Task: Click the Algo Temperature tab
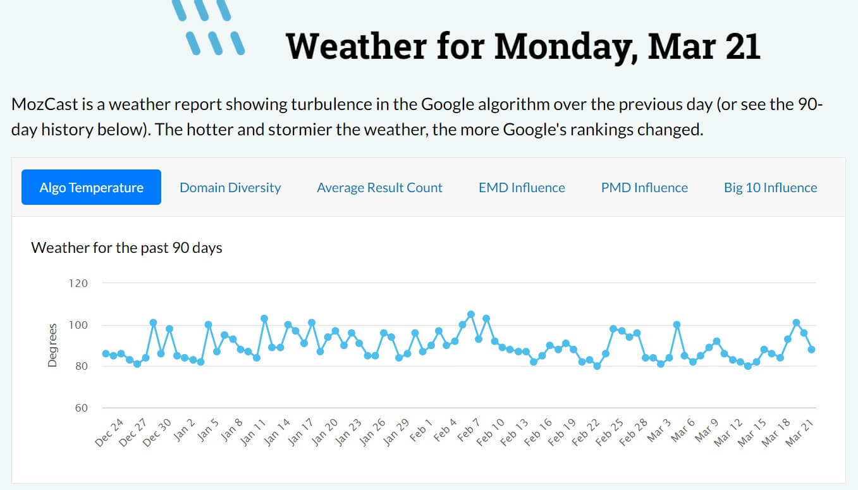pos(91,187)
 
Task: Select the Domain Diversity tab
pos(230,187)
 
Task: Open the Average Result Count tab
pos(379,187)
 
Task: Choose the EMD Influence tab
pos(522,187)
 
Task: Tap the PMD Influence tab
pos(644,187)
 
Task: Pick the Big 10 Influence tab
pos(770,187)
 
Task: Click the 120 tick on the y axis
pos(78,283)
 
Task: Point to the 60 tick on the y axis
pos(81,408)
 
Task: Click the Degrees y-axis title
pos(53,345)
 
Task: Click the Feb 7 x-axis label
pos(469,432)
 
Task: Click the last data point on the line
pos(811,349)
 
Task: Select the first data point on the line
pos(106,353)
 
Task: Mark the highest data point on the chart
pos(470,314)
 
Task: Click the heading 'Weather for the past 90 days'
pos(126,247)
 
